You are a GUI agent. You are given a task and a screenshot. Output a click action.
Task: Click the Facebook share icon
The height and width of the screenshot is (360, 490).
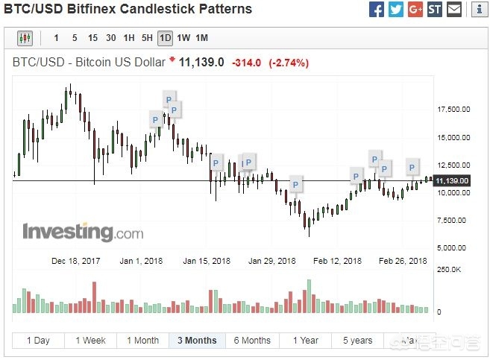tap(377, 10)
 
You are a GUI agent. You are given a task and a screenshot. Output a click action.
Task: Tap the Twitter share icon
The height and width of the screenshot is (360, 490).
tap(396, 10)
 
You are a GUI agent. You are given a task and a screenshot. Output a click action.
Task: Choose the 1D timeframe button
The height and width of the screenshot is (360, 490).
tap(165, 38)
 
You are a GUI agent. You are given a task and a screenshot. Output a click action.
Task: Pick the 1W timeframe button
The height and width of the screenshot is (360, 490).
tap(183, 38)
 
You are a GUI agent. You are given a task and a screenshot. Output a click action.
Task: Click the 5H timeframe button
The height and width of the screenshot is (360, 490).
tap(147, 38)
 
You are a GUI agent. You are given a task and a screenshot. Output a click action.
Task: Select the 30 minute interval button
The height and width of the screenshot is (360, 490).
tap(110, 38)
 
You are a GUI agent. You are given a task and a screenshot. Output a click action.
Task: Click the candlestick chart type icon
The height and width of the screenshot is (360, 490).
tap(25, 38)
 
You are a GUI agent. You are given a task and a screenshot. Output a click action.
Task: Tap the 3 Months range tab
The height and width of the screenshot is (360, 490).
tap(197, 341)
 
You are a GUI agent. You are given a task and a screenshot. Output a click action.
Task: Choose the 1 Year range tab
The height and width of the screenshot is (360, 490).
tap(305, 341)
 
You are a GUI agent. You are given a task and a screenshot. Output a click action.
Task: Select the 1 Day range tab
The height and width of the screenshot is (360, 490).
tap(38, 341)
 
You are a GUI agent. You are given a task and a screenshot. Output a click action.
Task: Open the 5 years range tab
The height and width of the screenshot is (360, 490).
tap(357, 341)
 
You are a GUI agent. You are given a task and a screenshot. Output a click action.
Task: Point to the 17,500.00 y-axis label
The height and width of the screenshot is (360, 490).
tap(453, 110)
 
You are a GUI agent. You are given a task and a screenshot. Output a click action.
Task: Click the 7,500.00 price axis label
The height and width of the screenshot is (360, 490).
tap(452, 220)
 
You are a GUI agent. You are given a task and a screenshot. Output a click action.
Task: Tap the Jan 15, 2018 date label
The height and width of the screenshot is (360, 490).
tap(207, 261)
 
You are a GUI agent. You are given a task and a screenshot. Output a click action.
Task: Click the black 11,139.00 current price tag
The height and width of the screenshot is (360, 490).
tap(452, 180)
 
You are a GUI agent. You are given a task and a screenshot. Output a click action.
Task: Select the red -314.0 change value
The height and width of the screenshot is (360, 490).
tap(246, 63)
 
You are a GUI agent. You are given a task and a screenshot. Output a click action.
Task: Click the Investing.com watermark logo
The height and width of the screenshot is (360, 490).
tap(82, 232)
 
